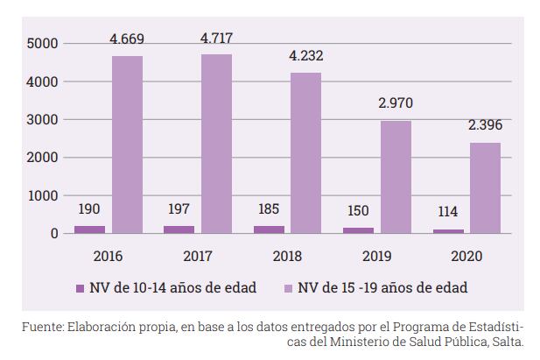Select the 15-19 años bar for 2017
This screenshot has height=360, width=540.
click(x=216, y=144)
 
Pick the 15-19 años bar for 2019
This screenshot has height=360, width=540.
click(x=395, y=177)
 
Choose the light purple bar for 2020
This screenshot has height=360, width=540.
click(x=484, y=187)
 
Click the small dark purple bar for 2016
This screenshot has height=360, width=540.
click(x=89, y=229)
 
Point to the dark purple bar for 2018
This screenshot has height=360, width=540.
click(x=268, y=229)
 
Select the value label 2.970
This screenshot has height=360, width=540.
click(x=395, y=104)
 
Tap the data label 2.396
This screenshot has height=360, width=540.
click(x=484, y=125)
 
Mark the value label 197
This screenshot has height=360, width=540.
click(x=179, y=209)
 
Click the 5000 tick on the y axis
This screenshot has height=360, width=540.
click(x=43, y=44)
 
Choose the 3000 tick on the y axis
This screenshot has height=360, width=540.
click(x=43, y=120)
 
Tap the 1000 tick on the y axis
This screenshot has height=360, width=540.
click(x=43, y=195)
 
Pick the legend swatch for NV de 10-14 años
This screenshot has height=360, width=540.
click(x=80, y=287)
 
